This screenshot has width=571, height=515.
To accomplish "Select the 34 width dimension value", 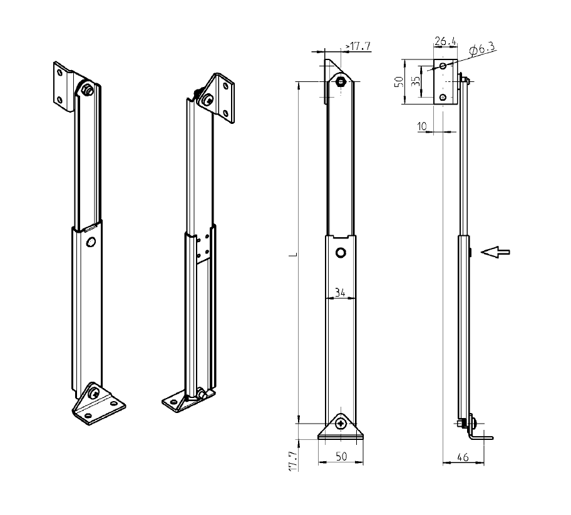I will tap(340, 291).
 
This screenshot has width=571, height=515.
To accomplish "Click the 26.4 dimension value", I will tap(445, 42).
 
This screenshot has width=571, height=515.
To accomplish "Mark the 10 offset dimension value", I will tap(422, 126).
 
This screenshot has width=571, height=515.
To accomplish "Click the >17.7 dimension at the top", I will tap(358, 46).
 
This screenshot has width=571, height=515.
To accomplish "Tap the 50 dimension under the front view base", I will tap(341, 457).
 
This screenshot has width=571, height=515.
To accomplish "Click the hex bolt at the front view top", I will tap(340, 82).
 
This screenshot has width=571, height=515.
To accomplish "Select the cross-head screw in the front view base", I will tap(340, 424).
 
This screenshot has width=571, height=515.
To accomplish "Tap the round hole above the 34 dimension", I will tap(340, 253).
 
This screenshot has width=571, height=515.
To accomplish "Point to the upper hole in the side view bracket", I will tap(443, 65).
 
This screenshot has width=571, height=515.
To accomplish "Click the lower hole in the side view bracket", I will tap(443, 97).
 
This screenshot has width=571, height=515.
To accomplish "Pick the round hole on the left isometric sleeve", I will tap(91, 242).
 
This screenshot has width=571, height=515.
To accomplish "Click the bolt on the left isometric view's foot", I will tap(93, 394).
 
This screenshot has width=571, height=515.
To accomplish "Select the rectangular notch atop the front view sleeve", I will tap(340, 237).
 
